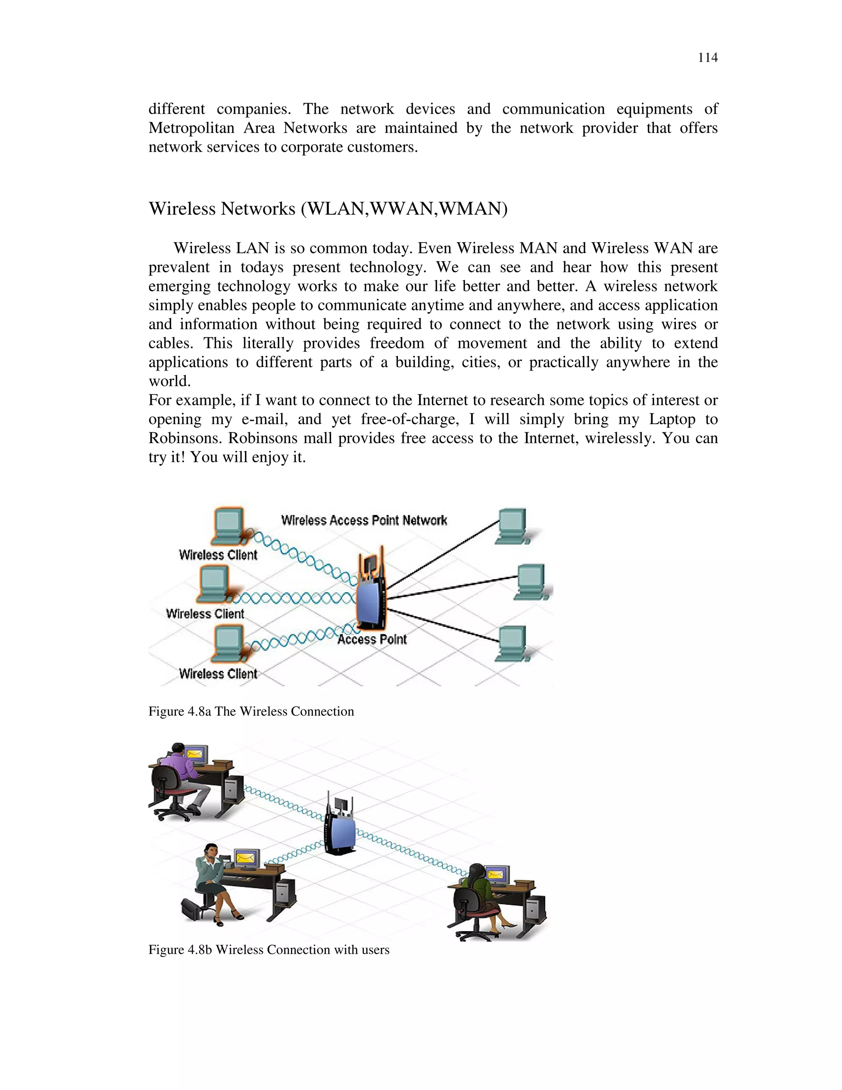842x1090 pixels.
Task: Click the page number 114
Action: tap(707, 58)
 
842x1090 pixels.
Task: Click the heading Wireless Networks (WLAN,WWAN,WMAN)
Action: tap(328, 209)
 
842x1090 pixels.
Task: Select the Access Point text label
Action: tap(372, 639)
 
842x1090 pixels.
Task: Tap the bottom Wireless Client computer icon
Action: tap(228, 643)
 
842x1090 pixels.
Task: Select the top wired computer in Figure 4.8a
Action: tap(512, 526)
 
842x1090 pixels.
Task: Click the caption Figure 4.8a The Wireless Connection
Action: tap(251, 711)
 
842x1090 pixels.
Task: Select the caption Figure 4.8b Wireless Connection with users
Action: tap(268, 949)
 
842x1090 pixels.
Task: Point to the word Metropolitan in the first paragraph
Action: tap(191, 128)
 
